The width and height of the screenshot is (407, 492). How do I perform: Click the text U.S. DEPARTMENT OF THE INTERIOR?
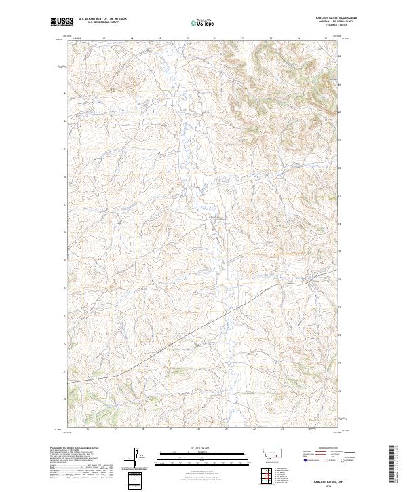click(x=102, y=19)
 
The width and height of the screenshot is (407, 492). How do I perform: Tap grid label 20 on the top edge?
click(x=187, y=39)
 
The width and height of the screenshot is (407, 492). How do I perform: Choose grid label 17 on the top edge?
click(x=104, y=39)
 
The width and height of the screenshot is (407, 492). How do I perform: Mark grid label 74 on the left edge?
click(x=65, y=288)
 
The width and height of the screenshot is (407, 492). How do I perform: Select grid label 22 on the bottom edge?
click(x=253, y=430)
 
